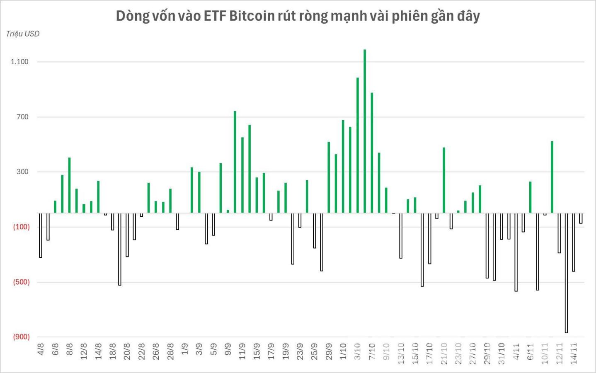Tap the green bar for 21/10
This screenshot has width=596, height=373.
tap(444, 180)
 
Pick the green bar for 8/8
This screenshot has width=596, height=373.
tap(70, 185)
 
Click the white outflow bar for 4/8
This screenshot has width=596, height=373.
tap(41, 235)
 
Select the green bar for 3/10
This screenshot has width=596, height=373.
tap(357, 145)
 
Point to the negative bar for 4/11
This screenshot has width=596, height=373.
tap(516, 252)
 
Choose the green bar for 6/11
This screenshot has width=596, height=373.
tap(530, 197)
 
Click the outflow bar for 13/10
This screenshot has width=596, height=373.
tap(401, 235)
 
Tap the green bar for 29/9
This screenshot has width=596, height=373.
tap(329, 177)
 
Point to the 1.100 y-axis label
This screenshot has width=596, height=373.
tap(19, 62)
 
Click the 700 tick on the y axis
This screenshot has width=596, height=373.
tap(22, 117)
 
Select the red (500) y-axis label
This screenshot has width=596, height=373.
tap(22, 282)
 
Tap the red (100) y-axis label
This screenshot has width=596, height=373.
tap(22, 227)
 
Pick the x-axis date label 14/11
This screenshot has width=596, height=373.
tap(574, 353)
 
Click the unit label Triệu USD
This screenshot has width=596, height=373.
tap(23, 34)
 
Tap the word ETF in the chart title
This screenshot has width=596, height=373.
tap(214, 16)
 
